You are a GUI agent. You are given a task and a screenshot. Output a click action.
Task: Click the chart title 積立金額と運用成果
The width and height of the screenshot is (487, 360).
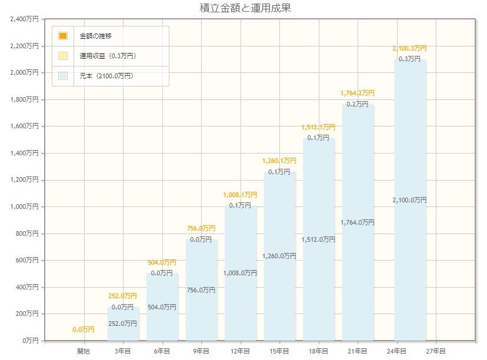point(246,8)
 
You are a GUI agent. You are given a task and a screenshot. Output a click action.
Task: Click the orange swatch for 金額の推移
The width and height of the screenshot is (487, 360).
point(63,36)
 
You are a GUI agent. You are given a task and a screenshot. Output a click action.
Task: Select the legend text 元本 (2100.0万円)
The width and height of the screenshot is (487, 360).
point(106,76)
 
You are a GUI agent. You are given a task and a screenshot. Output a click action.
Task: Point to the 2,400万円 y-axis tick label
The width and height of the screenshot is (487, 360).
point(25,19)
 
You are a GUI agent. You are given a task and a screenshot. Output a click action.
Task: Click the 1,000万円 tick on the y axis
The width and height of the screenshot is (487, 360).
point(25,206)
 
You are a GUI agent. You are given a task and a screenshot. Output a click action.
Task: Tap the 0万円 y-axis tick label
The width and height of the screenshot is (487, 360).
point(30,341)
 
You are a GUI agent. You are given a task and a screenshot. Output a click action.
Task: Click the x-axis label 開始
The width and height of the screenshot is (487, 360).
point(84,351)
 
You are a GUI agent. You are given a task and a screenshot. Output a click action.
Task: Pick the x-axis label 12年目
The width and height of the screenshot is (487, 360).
point(241,351)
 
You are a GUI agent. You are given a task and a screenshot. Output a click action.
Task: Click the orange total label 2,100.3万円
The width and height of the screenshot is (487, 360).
point(409,48)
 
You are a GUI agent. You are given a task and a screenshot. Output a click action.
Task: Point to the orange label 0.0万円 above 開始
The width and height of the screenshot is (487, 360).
point(84,329)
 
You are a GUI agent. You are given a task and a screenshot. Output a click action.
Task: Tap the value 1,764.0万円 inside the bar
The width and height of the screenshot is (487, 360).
point(358,222)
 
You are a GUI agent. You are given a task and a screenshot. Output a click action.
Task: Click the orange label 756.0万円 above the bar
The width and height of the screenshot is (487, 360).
point(201,228)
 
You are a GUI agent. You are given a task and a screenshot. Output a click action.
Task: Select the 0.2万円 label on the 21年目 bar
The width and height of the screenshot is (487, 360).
point(358,104)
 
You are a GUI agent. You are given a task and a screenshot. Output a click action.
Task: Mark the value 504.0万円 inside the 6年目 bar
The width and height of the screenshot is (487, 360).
point(162,306)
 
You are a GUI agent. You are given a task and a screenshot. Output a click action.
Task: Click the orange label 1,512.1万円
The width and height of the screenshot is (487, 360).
point(318,127)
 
